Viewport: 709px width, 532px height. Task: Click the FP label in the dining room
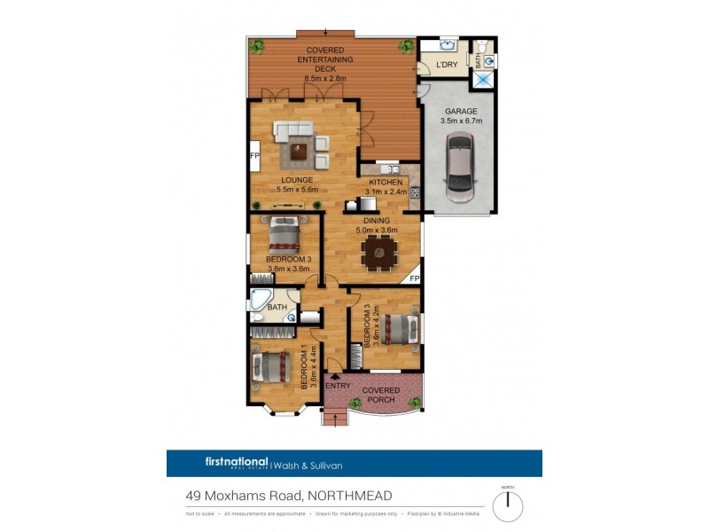pyautogui.click(x=414, y=278)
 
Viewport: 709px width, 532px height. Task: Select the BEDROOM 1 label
pyautogui.click(x=303, y=368)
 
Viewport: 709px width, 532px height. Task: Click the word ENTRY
pyautogui.click(x=338, y=386)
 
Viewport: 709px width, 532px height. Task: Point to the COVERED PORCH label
pyautogui.click(x=383, y=395)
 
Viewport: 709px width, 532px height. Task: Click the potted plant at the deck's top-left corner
pyautogui.click(x=257, y=45)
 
